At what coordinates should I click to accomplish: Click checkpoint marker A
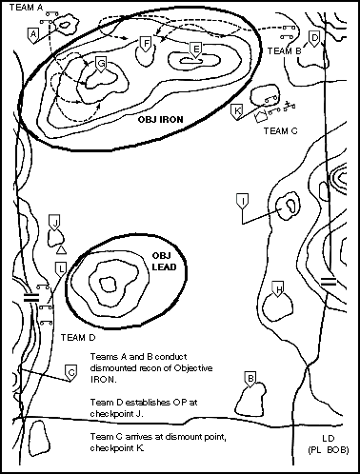(33, 35)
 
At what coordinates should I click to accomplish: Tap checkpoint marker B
(250, 380)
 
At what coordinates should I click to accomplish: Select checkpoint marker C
(71, 373)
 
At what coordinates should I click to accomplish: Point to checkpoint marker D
(314, 39)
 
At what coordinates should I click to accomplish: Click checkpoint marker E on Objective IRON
(196, 50)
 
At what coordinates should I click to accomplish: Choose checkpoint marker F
(146, 44)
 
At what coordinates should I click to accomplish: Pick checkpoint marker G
(101, 65)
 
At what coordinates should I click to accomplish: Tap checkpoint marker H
(278, 289)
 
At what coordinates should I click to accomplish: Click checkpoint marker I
(243, 202)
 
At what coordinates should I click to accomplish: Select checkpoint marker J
(55, 223)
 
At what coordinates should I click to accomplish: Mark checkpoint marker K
(237, 111)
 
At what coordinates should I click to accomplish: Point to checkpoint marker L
(61, 269)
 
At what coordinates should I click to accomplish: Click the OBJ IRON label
(161, 120)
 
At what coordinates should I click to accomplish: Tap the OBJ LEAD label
(164, 262)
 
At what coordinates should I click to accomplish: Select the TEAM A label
(26, 7)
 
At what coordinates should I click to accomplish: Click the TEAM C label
(281, 130)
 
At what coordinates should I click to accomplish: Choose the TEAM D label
(78, 337)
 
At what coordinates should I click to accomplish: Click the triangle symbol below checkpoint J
(61, 250)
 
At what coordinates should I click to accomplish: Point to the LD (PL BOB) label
(329, 444)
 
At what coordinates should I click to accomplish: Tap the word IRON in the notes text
(104, 380)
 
